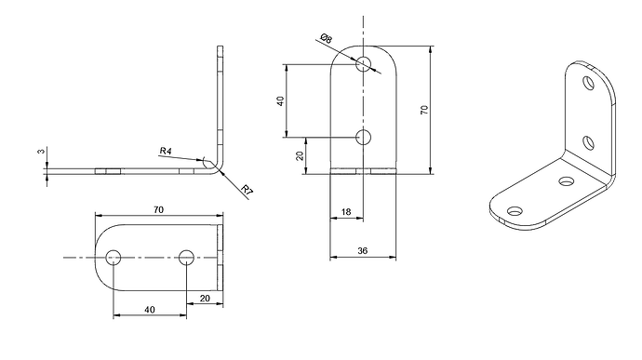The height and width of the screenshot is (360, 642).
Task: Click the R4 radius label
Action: pyautogui.click(x=166, y=151)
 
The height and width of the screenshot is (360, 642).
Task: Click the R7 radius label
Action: pyautogui.click(x=247, y=190)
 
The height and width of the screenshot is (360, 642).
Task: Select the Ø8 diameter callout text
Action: pyautogui.click(x=327, y=38)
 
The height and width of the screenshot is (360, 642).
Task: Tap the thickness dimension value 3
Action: pyautogui.click(x=41, y=151)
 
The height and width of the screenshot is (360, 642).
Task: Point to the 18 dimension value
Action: pyautogui.click(x=346, y=212)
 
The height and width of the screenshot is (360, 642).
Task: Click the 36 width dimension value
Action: pyautogui.click(x=363, y=250)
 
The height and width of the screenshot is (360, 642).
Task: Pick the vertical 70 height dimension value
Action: pyautogui.click(x=424, y=110)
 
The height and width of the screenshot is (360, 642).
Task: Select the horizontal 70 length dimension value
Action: pyautogui.click(x=158, y=209)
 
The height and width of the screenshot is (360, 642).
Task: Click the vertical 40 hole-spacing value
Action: pyautogui.click(x=280, y=100)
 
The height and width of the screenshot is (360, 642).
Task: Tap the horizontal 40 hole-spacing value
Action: pyautogui.click(x=150, y=310)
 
